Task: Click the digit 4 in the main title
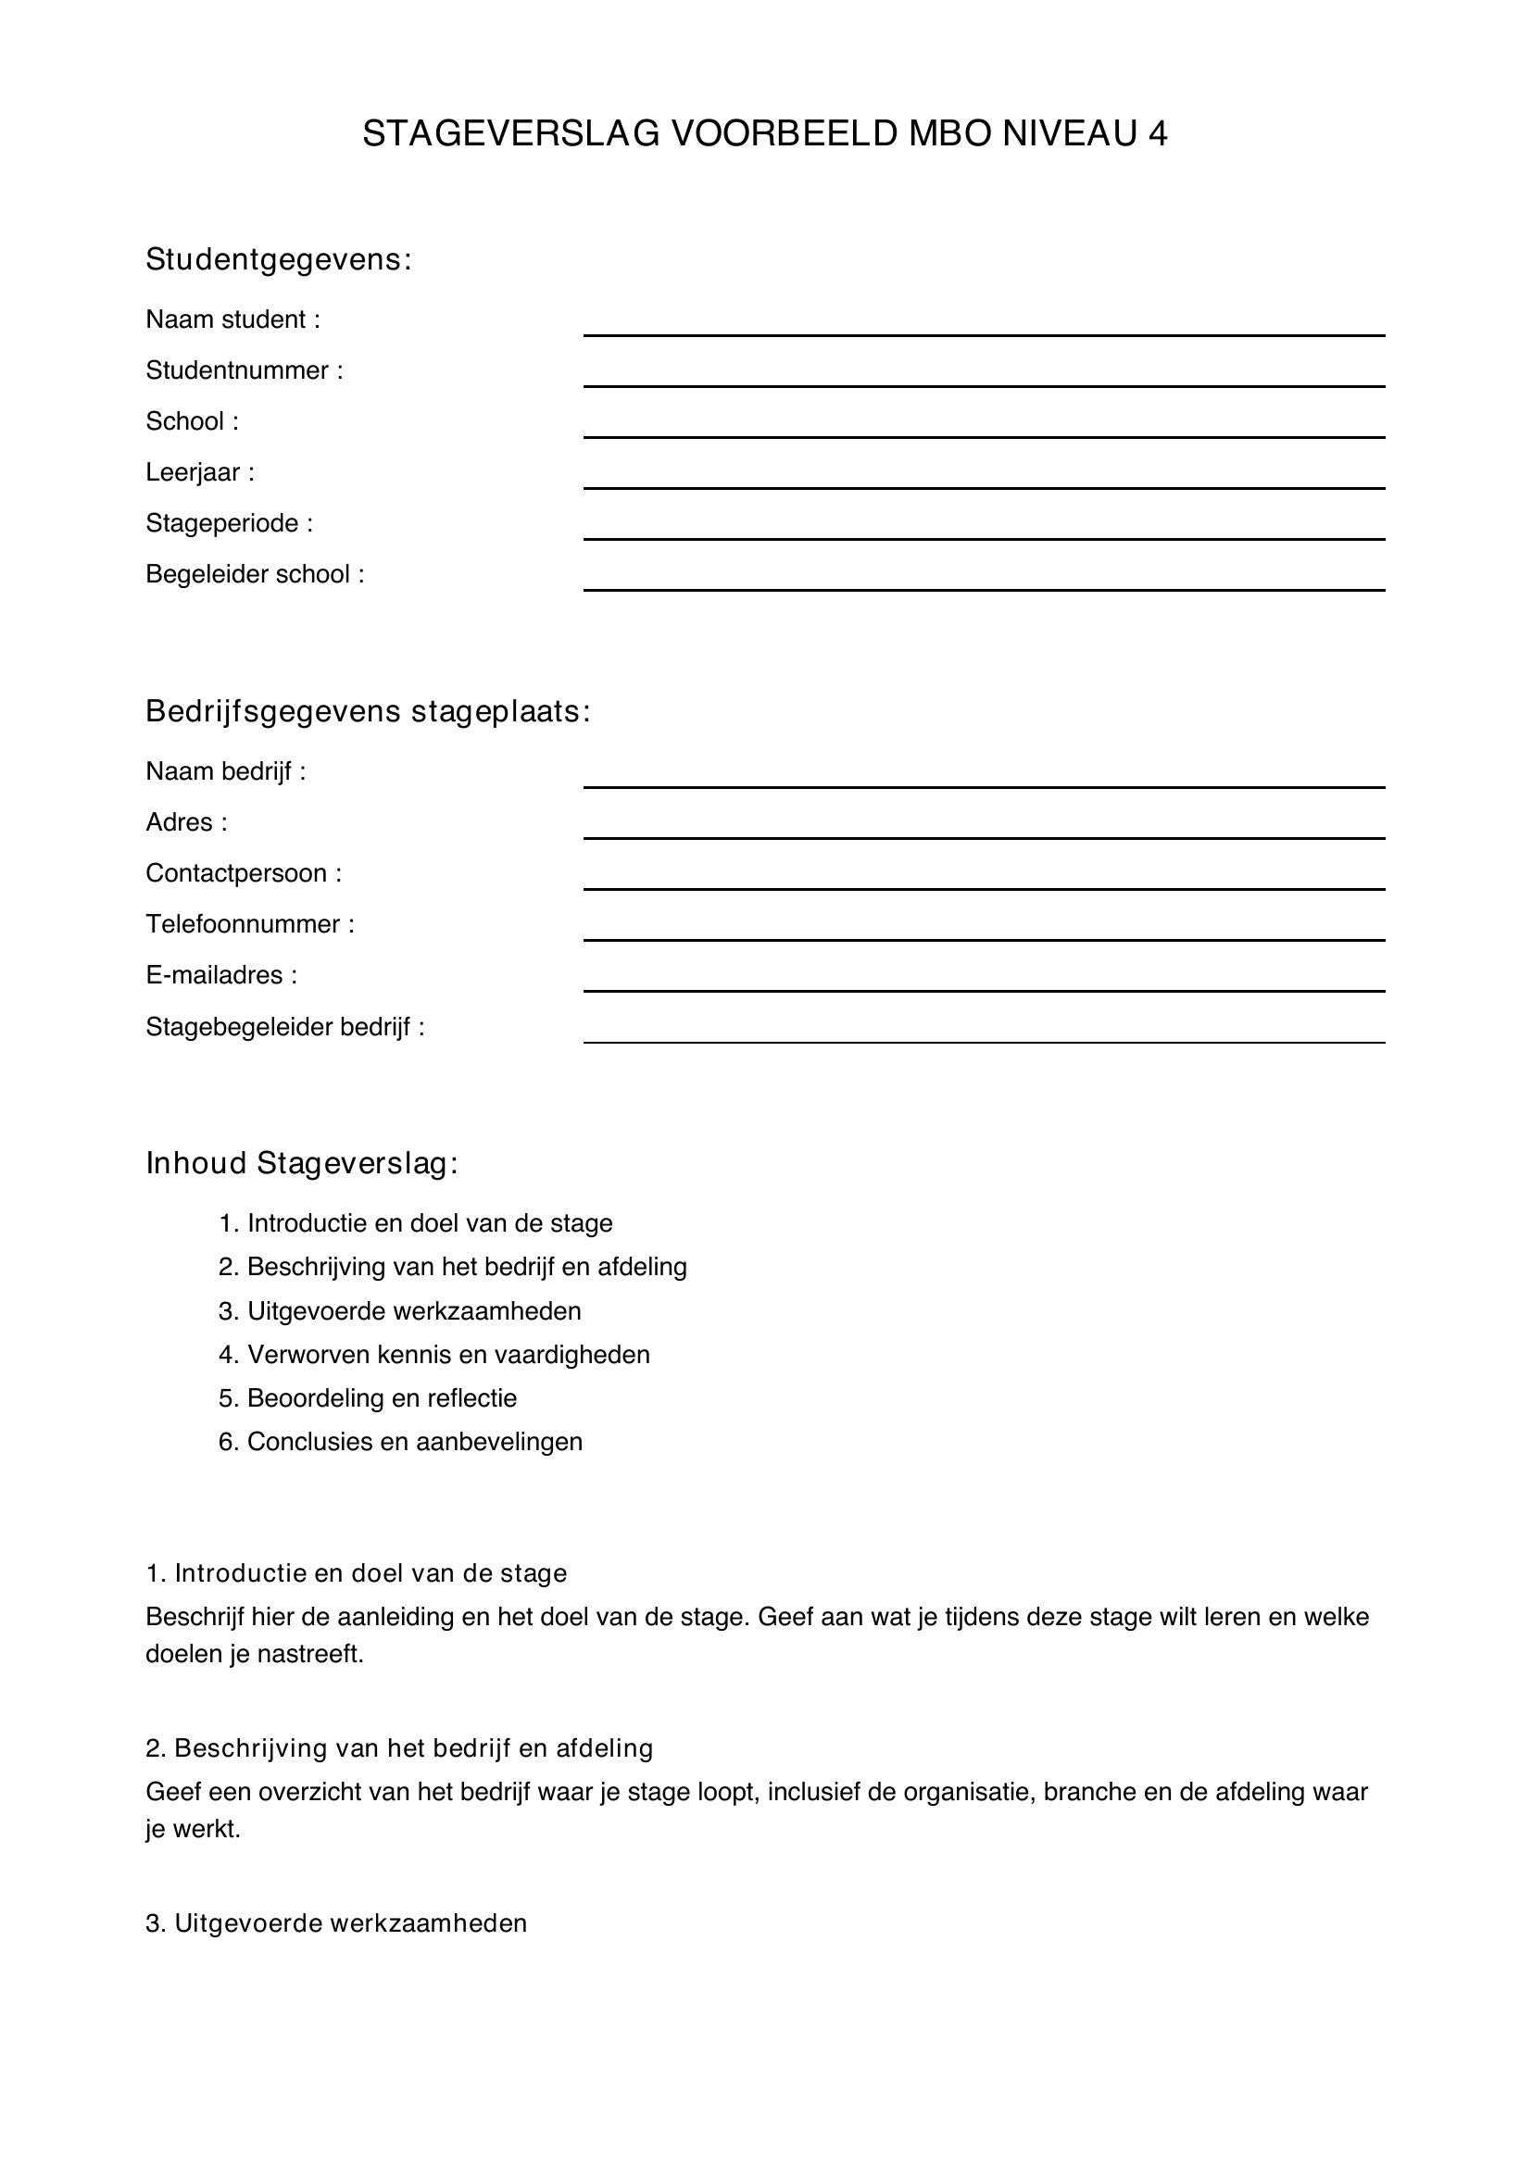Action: pos(1158,134)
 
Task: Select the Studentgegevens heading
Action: pos(278,259)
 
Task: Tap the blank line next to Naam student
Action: pos(983,333)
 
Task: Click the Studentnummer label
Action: pos(244,370)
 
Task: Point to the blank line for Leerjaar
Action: pos(983,486)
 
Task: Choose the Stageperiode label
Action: pos(228,523)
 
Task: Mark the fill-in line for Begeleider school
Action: pos(983,588)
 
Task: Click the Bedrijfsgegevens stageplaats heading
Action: pos(367,712)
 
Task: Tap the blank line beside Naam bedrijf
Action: pos(983,785)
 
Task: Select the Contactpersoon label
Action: pos(243,873)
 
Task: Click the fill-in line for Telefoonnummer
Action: pos(983,938)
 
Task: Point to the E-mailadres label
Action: pos(220,975)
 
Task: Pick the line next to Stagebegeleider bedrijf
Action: pos(983,1041)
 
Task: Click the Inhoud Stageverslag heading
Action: pos(301,1164)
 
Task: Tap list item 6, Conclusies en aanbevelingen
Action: pos(401,1442)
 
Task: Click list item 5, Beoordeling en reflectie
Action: pos(368,1398)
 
